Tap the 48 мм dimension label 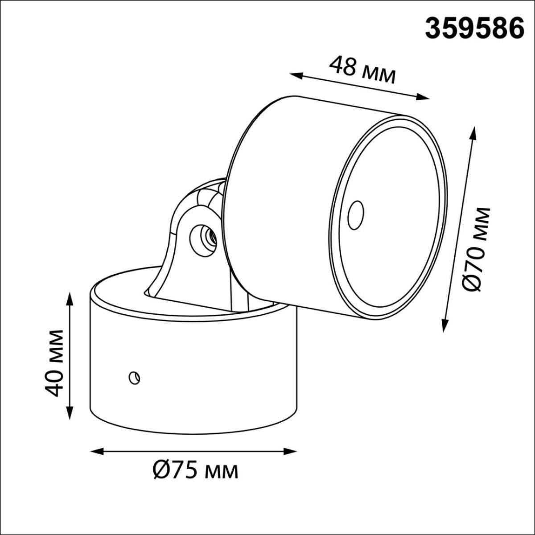(362, 70)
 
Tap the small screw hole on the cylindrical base (134, 378)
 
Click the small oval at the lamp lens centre (356, 215)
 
